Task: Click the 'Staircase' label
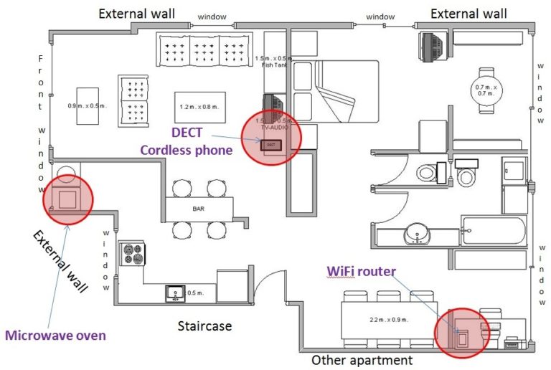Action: tap(204, 326)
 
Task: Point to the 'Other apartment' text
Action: tap(362, 360)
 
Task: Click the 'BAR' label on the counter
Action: tap(200, 209)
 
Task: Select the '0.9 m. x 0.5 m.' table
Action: tap(88, 107)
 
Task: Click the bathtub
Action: tap(494, 230)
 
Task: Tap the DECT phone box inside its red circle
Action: tap(270, 144)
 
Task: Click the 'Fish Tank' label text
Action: tap(275, 64)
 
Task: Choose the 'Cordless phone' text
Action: tap(186, 150)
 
